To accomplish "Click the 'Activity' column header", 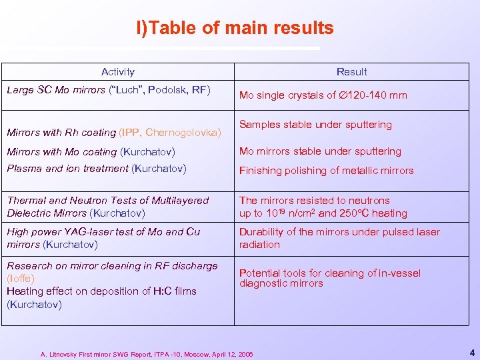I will click(x=117, y=72).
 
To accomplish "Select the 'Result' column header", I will click(x=351, y=72).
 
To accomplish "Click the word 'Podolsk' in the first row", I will click(x=167, y=89).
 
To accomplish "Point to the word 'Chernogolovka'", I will click(x=183, y=133).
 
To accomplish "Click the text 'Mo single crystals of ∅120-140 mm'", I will click(x=323, y=95).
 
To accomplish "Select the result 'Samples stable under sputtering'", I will click(x=315, y=125).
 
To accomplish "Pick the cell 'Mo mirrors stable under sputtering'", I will click(x=320, y=151).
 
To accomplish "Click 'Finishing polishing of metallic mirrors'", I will click(x=326, y=171).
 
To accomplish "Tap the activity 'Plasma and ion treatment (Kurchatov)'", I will click(x=96, y=169).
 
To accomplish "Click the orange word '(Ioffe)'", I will click(x=21, y=279).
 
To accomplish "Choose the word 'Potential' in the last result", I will click(x=260, y=273).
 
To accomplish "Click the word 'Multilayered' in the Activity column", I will click(x=180, y=201).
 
